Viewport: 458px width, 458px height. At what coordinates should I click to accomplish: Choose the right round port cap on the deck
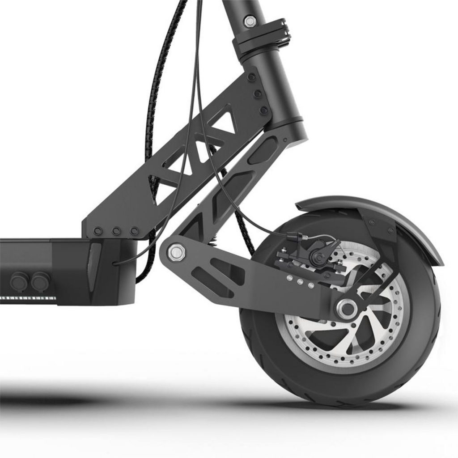[40, 280]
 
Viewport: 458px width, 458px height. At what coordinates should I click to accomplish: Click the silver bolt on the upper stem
[250, 21]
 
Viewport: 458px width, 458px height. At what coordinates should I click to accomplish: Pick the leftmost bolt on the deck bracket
[98, 231]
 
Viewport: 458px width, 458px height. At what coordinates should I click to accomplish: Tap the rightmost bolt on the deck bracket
[134, 231]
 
